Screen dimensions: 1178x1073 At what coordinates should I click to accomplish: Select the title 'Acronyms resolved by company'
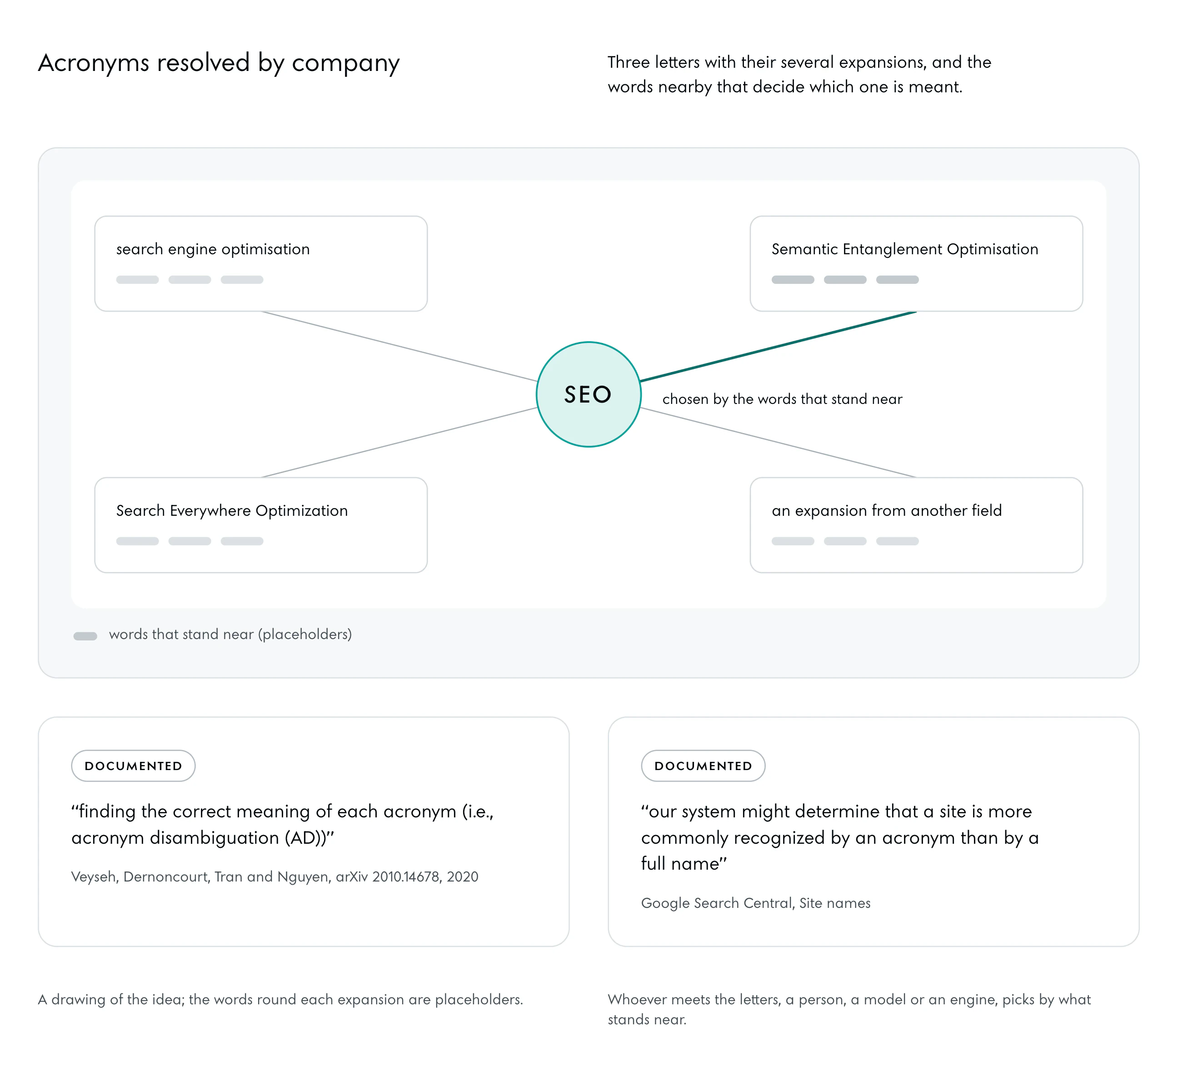click(219, 63)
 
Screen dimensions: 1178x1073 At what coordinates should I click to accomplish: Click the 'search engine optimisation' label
click(213, 249)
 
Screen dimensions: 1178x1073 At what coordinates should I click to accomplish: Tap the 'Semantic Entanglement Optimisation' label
click(904, 249)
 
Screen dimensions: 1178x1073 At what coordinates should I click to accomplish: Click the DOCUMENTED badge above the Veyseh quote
click(133, 766)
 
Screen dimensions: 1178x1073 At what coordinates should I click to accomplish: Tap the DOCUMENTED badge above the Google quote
click(703, 766)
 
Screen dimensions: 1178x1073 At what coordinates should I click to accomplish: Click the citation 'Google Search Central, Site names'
click(755, 903)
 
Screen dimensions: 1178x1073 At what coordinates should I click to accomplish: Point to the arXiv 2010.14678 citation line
click(275, 877)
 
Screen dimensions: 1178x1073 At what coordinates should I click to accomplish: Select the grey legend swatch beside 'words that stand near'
click(85, 636)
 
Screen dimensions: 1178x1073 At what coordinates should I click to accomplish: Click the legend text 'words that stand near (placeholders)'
click(230, 635)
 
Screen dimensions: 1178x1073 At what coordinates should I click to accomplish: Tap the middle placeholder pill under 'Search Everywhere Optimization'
click(190, 541)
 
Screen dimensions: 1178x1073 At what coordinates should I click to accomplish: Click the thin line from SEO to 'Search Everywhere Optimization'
click(399, 443)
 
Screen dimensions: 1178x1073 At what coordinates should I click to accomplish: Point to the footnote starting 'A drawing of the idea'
click(280, 999)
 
